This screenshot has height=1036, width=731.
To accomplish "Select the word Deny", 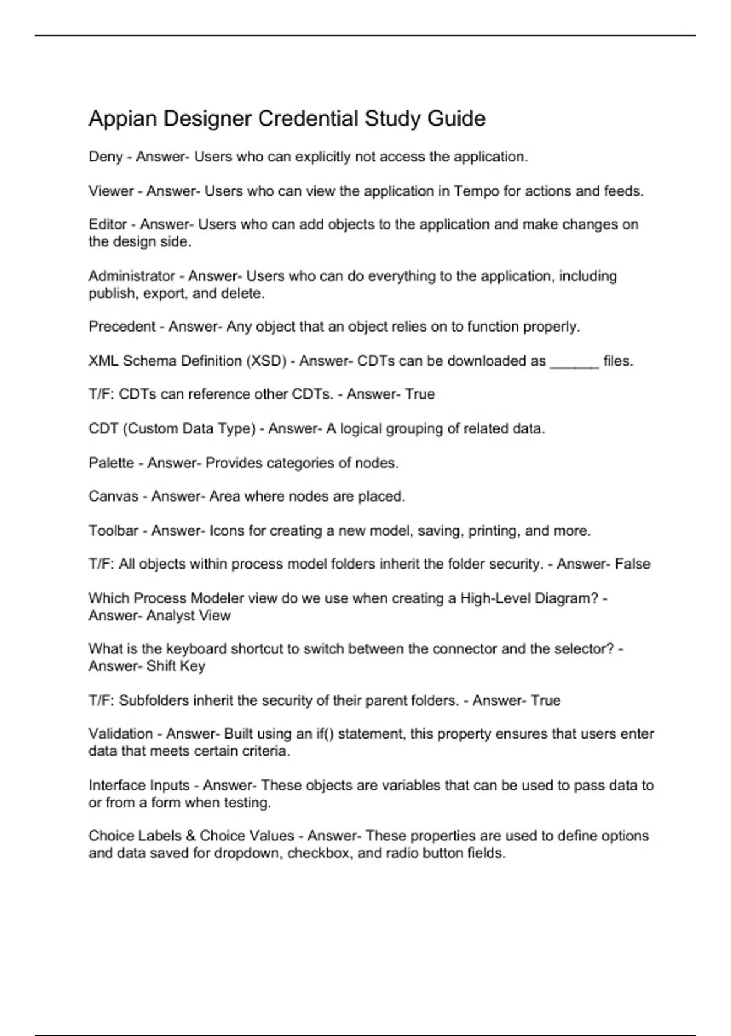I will [x=105, y=157].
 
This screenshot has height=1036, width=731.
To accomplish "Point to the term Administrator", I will [x=132, y=276].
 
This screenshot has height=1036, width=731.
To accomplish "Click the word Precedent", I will [x=122, y=327].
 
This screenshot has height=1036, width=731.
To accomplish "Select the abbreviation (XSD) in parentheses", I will [x=266, y=361].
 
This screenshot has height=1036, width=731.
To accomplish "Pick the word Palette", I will [x=111, y=463].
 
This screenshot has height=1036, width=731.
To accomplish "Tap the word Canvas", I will [x=113, y=497].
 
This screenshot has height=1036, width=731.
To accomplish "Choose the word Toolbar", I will [x=113, y=531].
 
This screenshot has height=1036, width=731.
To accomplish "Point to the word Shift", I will [x=161, y=666].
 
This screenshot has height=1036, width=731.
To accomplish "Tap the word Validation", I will [x=121, y=734].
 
